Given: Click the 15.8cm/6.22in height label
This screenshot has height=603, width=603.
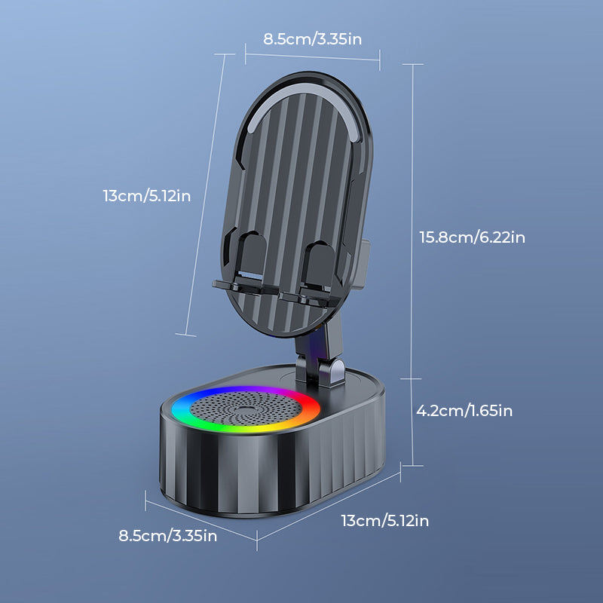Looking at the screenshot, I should click(x=472, y=237).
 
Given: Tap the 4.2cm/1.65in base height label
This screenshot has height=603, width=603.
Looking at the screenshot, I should click(x=464, y=411).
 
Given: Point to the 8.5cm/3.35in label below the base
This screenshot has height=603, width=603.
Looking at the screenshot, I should click(x=168, y=536).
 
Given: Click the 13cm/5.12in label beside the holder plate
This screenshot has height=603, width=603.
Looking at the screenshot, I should click(x=147, y=196).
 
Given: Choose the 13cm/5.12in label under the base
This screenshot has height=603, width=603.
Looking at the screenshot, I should click(x=384, y=520).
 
